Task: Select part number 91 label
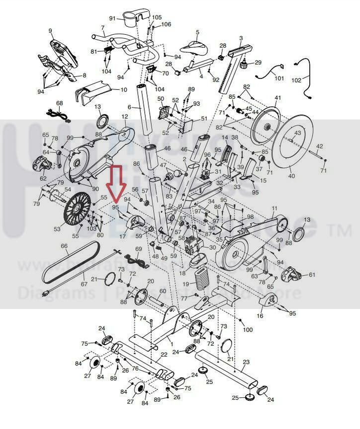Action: (x=112, y=18)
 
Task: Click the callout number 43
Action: (x=297, y=133)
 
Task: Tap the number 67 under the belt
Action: (x=83, y=285)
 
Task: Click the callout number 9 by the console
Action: (x=50, y=31)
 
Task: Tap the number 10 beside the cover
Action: (x=124, y=90)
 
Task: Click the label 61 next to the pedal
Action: (x=312, y=275)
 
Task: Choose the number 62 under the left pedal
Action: (x=43, y=178)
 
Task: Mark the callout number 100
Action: (x=248, y=330)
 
